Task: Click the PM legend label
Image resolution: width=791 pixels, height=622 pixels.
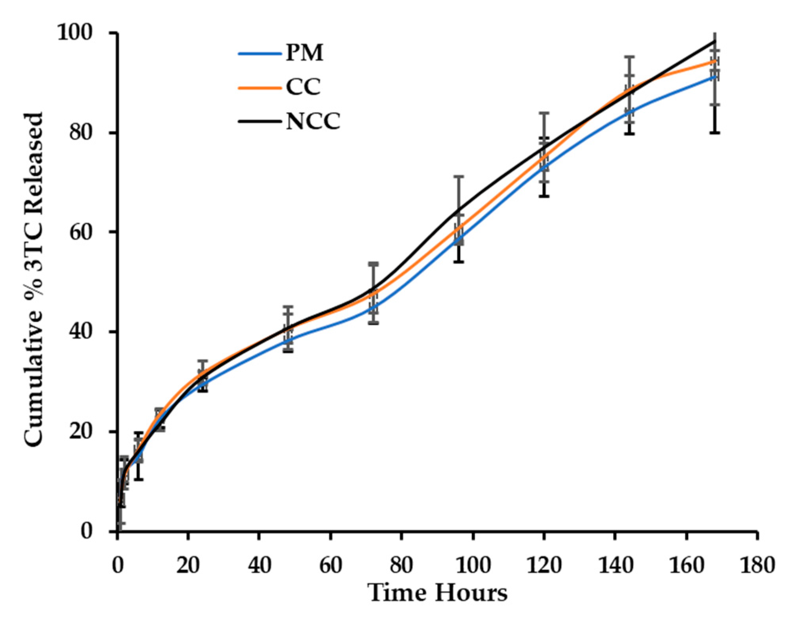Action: (x=304, y=52)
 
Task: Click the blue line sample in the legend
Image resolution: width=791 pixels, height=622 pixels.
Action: (x=259, y=53)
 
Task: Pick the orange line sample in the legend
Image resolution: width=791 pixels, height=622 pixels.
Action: (x=259, y=87)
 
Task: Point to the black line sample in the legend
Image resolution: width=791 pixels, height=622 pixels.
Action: (x=259, y=121)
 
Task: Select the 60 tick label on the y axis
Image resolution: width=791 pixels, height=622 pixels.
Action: (x=81, y=232)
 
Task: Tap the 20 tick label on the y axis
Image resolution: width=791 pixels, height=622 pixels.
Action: (x=81, y=431)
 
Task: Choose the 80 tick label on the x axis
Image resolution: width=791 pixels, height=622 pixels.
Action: (x=401, y=566)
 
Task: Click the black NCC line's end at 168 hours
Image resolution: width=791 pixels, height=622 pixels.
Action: (x=715, y=41)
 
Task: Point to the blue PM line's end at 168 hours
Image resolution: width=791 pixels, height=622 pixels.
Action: (x=715, y=77)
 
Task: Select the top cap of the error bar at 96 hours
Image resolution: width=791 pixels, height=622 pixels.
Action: (x=458, y=176)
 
